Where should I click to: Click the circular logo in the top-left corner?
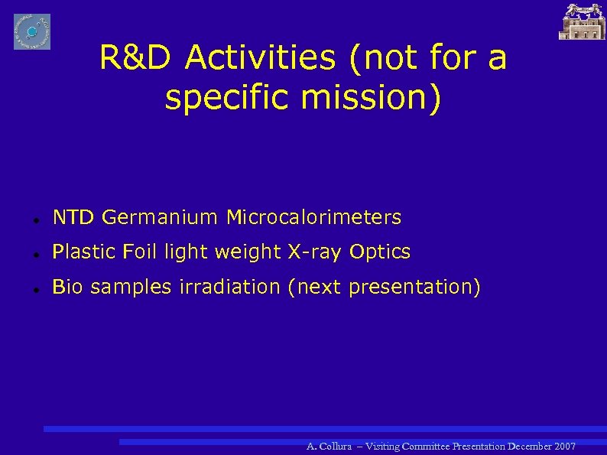click(x=32, y=31)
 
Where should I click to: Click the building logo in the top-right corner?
click(x=582, y=21)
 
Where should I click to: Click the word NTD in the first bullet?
click(x=73, y=218)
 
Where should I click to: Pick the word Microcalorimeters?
click(x=313, y=218)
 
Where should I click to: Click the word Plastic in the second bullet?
click(x=81, y=252)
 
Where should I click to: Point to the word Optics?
click(x=380, y=252)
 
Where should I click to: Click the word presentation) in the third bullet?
click(x=415, y=288)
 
